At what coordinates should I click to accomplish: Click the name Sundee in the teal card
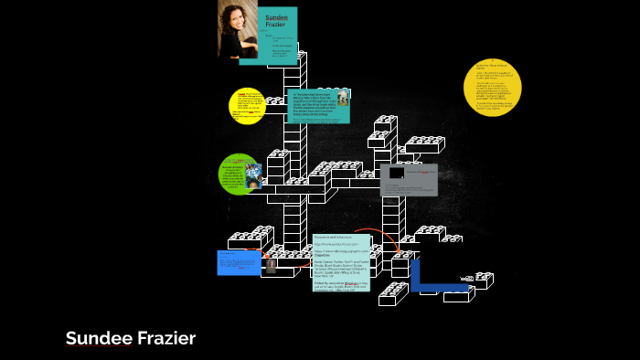[276, 17]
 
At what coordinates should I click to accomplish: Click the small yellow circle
[246, 106]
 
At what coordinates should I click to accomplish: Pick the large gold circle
[492, 88]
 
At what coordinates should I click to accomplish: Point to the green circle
[240, 174]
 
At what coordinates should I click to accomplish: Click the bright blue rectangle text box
[239, 262]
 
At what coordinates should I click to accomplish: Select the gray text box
[409, 180]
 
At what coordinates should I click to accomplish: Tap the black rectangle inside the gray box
[396, 173]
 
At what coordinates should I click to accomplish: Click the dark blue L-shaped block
[430, 279]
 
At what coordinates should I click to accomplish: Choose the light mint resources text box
[340, 262]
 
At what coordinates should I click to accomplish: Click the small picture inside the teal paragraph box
[343, 97]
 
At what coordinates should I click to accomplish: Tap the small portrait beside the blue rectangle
[271, 265]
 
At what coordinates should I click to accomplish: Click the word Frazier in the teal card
[276, 26]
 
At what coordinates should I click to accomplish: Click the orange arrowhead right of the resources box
[399, 249]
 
